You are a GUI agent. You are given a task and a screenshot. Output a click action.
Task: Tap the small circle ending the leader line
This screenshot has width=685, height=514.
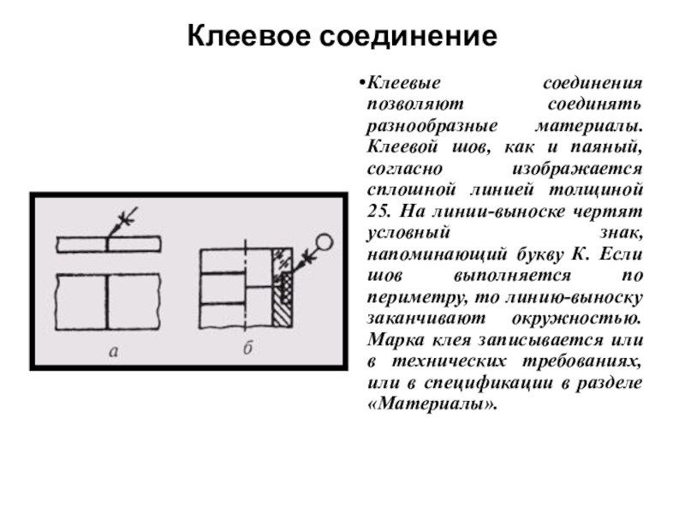[x=324, y=242]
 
